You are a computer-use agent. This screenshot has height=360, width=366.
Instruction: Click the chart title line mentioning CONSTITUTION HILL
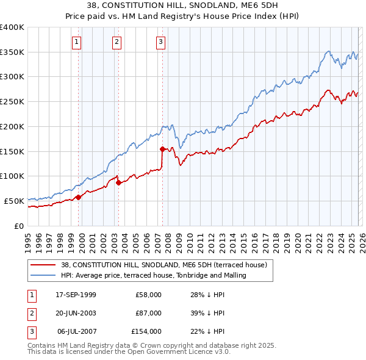[x=182, y=5]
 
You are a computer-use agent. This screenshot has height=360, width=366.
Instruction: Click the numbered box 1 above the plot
[x=77, y=42]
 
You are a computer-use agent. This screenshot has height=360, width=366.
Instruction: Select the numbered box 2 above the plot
[x=117, y=42]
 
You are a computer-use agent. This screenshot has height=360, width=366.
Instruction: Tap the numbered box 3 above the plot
[x=160, y=42]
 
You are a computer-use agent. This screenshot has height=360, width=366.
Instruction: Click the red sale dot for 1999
[x=79, y=197]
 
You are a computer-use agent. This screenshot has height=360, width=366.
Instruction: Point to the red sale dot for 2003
[x=118, y=182]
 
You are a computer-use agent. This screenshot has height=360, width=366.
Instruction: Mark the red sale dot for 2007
[x=162, y=149]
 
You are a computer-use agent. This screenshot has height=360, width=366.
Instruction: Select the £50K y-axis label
[x=14, y=200]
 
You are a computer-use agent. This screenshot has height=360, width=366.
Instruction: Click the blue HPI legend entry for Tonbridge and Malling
[x=152, y=275]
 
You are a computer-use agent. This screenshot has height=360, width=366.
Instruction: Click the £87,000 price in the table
[x=146, y=313]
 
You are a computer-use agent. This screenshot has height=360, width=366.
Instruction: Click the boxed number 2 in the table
[x=29, y=313]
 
